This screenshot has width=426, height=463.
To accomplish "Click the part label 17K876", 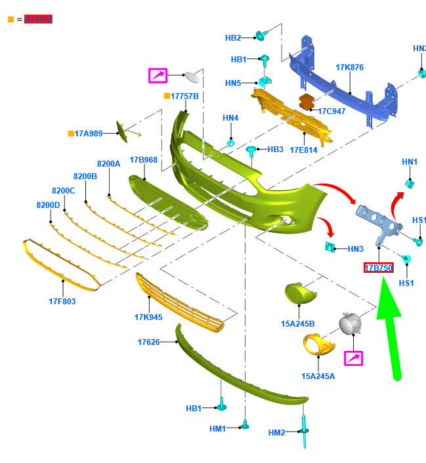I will (x=349, y=68).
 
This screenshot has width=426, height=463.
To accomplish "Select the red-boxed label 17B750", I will (x=379, y=268).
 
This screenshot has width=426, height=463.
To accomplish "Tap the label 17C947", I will (x=331, y=111).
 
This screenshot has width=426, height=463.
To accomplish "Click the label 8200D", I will (x=48, y=205).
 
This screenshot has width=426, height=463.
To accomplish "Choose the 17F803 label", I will (x=62, y=302).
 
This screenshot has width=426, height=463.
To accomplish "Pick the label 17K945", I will (x=148, y=317).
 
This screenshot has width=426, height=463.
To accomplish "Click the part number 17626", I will (x=148, y=342).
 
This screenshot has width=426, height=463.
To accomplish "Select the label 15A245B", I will (x=298, y=324).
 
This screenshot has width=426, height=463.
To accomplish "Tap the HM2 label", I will (x=277, y=432).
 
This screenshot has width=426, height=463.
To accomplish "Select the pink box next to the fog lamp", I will (x=354, y=357).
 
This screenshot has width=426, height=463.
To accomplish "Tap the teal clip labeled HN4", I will (x=230, y=143).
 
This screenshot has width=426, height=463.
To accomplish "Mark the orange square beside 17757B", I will (x=167, y=96).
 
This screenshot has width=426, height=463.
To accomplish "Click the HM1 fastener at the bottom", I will (x=245, y=425).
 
